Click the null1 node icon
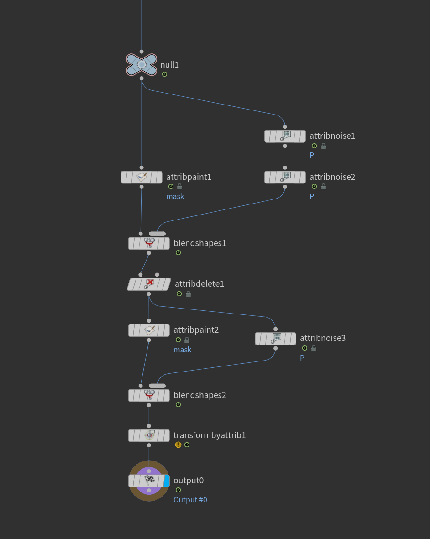pyautogui.click(x=142, y=65)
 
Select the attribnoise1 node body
pyautogui.click(x=285, y=136)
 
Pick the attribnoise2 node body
pyautogui.click(x=285, y=177)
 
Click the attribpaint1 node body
pyautogui.click(x=142, y=177)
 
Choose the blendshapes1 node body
pyautogui.click(x=149, y=243)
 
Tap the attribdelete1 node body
pyautogui.click(x=149, y=284)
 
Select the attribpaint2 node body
pyautogui.click(x=149, y=330)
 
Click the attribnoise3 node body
pyautogui.click(x=275, y=338)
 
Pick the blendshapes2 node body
pyautogui.click(x=149, y=395)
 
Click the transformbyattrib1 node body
pyautogui.click(x=149, y=435)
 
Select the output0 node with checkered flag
pyautogui.click(x=149, y=481)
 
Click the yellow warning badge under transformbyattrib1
pyautogui.click(x=178, y=445)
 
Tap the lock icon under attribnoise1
pyautogui.click(x=323, y=146)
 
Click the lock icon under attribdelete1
pyautogui.click(x=188, y=294)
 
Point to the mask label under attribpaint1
pyautogui.click(x=175, y=196)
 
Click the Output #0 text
pyautogui.click(x=190, y=500)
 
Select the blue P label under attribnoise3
pyautogui.click(x=302, y=358)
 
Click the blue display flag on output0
pyautogui.click(x=167, y=481)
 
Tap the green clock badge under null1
pyautogui.click(x=164, y=74)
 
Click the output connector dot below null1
pyautogui.click(x=142, y=78)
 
